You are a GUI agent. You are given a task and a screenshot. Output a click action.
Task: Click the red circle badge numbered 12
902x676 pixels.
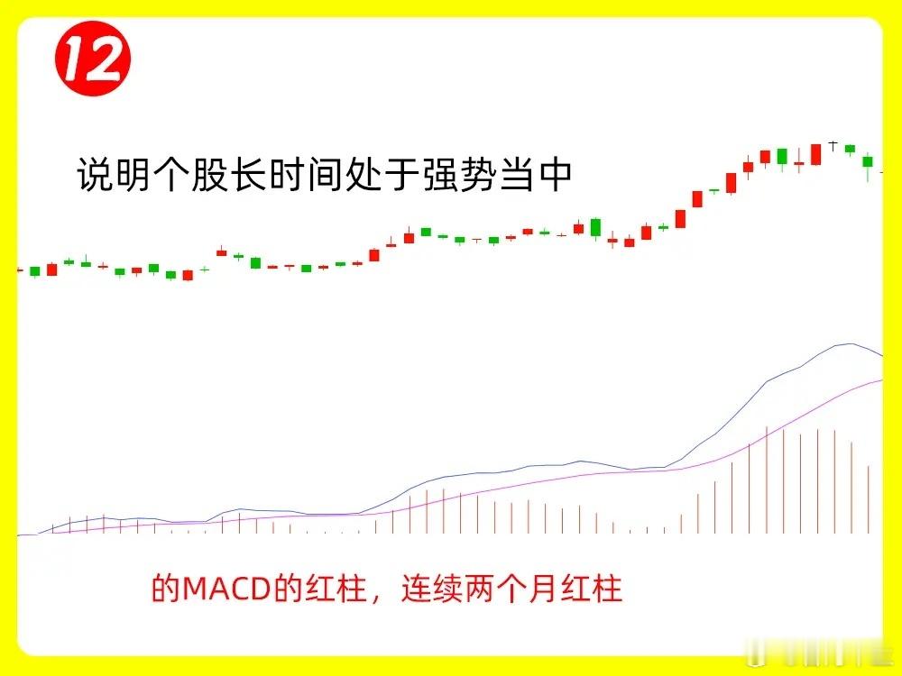(x=93, y=58)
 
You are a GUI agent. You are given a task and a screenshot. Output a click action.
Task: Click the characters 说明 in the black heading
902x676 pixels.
(x=115, y=174)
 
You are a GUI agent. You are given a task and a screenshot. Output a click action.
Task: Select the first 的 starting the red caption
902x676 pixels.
(x=166, y=588)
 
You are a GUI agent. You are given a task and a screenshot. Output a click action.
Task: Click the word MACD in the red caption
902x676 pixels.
(x=226, y=589)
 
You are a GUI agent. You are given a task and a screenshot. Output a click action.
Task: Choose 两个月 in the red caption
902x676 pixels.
(x=511, y=588)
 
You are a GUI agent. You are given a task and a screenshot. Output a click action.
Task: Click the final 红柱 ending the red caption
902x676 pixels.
(x=592, y=588)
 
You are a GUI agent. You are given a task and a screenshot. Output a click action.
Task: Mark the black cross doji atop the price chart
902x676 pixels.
(x=833, y=145)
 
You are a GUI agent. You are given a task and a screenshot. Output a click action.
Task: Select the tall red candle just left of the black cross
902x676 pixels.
(x=815, y=155)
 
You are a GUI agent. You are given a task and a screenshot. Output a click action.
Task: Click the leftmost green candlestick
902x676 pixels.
(x=35, y=271)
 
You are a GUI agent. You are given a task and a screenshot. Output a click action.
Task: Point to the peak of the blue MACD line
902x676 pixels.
(x=851, y=343)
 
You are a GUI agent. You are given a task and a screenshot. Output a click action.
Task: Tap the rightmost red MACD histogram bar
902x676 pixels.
(x=869, y=499)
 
